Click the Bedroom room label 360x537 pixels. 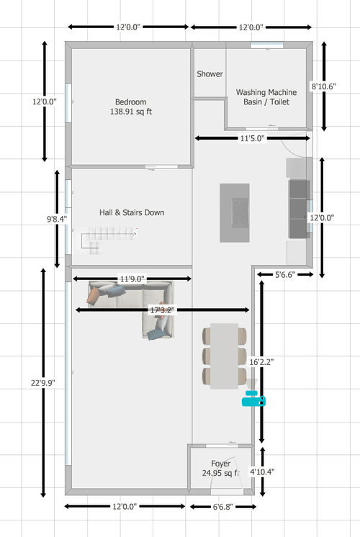[x=130, y=101]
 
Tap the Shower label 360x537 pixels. [x=210, y=73]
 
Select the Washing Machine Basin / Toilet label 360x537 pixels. [x=266, y=97]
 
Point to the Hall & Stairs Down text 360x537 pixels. [x=132, y=212]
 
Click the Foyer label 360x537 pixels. [x=220, y=464]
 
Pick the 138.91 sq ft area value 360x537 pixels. [x=131, y=112]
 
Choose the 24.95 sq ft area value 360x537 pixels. [x=220, y=473]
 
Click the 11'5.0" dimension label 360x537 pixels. [x=252, y=138]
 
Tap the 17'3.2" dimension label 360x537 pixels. [x=162, y=310]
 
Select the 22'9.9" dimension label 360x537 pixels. [x=43, y=382]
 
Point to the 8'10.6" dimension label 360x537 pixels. [x=323, y=86]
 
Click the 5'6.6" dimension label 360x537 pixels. [x=285, y=274]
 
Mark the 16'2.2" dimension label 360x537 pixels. [x=261, y=362]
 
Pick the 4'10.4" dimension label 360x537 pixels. [x=262, y=472]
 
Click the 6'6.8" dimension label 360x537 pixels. [x=222, y=507]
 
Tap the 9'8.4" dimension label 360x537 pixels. [x=57, y=219]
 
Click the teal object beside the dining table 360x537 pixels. [x=253, y=398]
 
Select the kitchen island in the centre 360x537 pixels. [x=235, y=212]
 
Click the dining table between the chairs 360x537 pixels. [x=225, y=356]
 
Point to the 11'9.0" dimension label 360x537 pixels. [x=132, y=279]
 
